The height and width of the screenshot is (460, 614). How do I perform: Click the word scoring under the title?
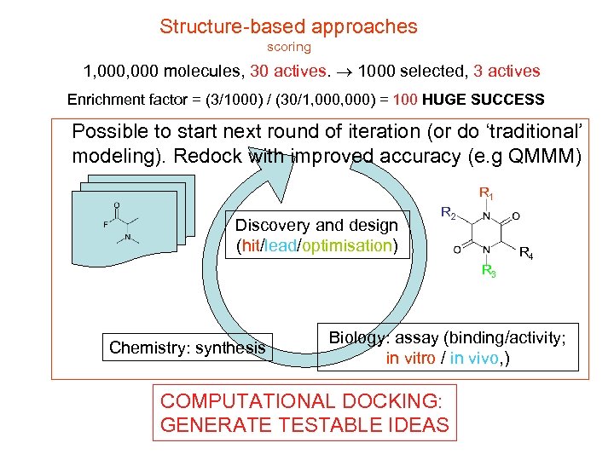[289, 48]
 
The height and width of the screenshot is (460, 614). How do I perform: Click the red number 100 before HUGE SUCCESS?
[405, 100]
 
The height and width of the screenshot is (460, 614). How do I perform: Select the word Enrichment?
[102, 100]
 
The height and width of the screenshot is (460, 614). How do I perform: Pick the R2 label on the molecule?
[448, 212]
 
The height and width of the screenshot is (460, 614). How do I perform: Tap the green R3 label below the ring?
[489, 272]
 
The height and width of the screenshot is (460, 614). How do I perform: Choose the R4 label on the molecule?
[527, 253]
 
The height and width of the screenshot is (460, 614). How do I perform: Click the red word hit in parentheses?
[251, 246]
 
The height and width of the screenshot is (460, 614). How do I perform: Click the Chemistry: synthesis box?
[187, 348]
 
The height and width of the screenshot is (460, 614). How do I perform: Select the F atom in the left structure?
[105, 225]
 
